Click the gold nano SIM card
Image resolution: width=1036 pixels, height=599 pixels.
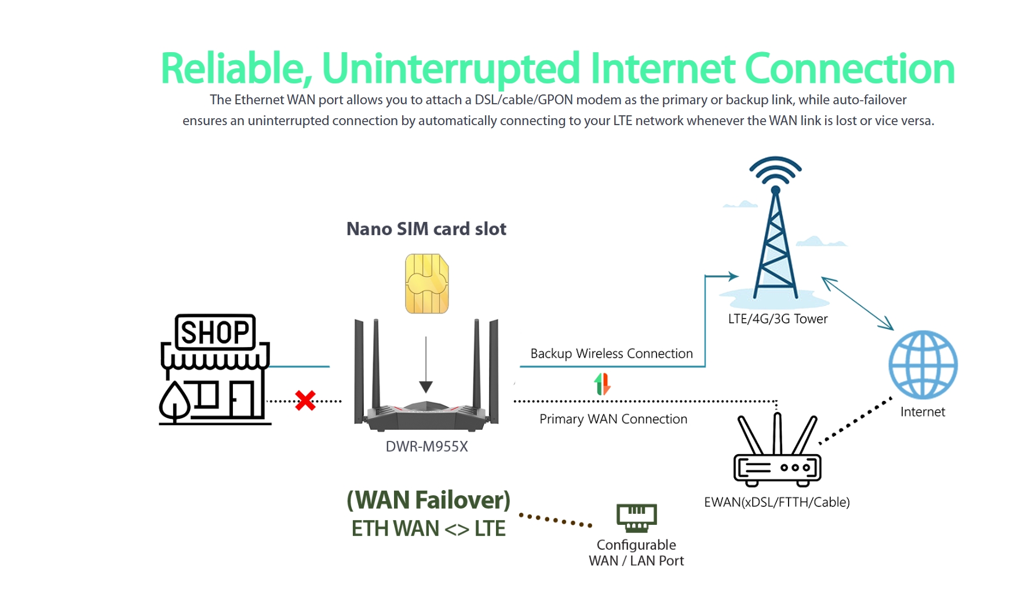pyautogui.click(x=427, y=284)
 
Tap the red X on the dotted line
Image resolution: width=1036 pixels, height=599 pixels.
pyautogui.click(x=305, y=400)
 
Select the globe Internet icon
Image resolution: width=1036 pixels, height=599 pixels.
pyautogui.click(x=923, y=364)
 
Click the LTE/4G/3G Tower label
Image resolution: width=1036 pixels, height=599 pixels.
pyautogui.click(x=778, y=319)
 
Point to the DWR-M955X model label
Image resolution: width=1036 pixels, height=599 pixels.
pyautogui.click(x=427, y=447)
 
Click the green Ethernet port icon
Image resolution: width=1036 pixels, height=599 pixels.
pyautogui.click(x=636, y=517)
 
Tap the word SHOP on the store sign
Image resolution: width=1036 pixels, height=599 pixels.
pyautogui.click(x=215, y=333)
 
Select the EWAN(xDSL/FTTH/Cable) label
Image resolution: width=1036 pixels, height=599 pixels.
pyautogui.click(x=776, y=502)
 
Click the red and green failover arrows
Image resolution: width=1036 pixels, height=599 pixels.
pyautogui.click(x=603, y=384)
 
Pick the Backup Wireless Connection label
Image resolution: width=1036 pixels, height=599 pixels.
pyautogui.click(x=611, y=353)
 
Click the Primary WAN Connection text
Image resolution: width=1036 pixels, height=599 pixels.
pyautogui.click(x=613, y=419)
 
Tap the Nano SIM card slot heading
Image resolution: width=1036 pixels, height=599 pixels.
pyautogui.click(x=426, y=229)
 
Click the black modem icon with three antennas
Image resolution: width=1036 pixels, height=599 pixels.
pyautogui.click(x=777, y=455)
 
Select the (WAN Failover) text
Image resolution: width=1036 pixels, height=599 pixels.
pyautogui.click(x=428, y=501)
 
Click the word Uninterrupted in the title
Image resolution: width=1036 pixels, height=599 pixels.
pyautogui.click(x=450, y=68)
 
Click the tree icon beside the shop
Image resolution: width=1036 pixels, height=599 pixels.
pyautogui.click(x=174, y=401)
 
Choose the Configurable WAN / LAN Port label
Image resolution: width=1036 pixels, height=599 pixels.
pyautogui.click(x=636, y=553)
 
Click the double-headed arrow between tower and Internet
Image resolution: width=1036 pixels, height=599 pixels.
pyautogui.click(x=858, y=304)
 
